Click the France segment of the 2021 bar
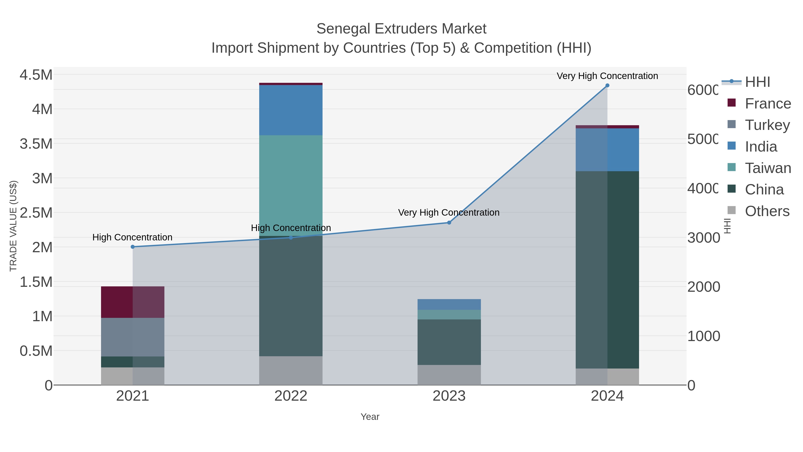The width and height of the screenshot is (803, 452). coord(132,302)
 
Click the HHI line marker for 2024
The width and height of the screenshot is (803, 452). coord(607,85)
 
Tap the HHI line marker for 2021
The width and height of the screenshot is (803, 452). coord(132,247)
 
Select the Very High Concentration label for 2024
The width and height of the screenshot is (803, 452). coord(607,76)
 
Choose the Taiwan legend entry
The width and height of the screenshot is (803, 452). coord(768,168)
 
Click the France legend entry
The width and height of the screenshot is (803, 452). coord(768,103)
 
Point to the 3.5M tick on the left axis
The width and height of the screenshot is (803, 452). coord(36,144)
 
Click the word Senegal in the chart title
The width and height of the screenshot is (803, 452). coord(344,29)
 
